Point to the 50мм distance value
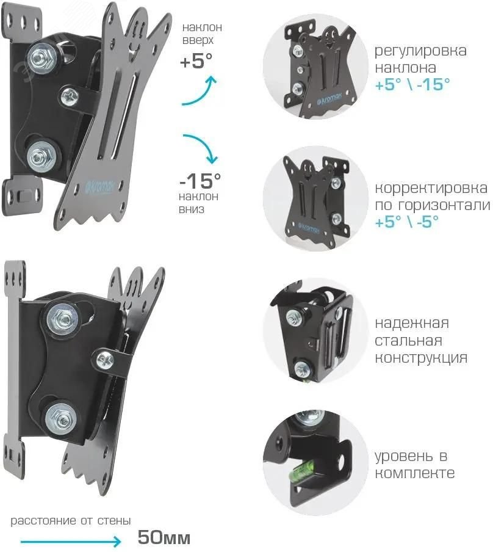tap(164, 539)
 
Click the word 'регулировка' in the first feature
tap(420, 50)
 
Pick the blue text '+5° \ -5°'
tap(404, 222)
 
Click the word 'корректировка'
tap(431, 188)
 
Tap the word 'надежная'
tap(412, 322)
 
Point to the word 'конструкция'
tap(420, 358)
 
